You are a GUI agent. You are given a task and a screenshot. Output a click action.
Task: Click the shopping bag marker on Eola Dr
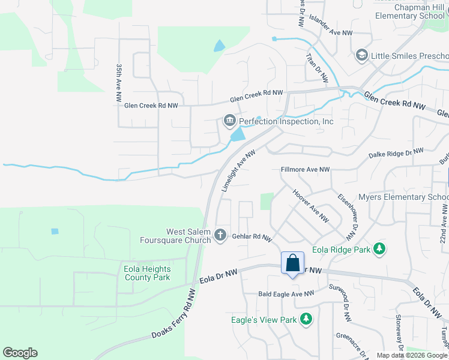coord(292,263)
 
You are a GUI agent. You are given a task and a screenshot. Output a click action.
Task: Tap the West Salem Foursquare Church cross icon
coord(220,235)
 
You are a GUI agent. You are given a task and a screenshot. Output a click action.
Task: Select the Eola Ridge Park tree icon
coord(379,248)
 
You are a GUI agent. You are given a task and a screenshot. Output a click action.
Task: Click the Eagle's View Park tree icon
coord(306,319)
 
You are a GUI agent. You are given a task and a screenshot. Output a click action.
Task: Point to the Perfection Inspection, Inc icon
coord(229,122)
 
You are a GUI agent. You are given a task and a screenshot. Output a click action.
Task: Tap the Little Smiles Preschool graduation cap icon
coord(361,56)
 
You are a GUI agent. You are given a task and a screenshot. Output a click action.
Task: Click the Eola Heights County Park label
coord(147,273)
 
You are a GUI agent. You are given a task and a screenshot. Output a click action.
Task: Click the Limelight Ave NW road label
coord(238,170)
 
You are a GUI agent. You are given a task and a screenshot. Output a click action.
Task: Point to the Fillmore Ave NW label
coord(306,170)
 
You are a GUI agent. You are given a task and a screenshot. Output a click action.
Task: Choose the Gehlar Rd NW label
coord(252,238)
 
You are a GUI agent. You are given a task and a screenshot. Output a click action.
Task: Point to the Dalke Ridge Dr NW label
coord(396,154)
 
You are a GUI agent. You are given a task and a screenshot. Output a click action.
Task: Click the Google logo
coord(20,353)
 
